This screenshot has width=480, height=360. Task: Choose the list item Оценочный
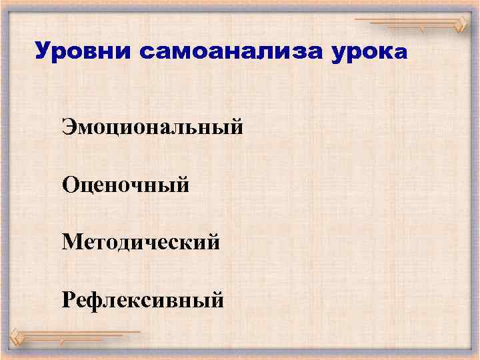pos(126,184)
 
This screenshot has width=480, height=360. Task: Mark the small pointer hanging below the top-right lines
pos(421,31)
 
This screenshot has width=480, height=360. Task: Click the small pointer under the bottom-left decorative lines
pos(61,341)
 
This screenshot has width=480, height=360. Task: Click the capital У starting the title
pos(41,51)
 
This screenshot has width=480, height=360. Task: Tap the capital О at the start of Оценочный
pos(71,184)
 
